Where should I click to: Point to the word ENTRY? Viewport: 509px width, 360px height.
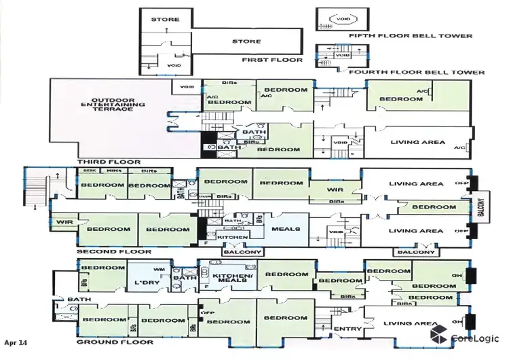[x=344, y=330]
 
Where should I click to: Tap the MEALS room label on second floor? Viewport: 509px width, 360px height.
[x=285, y=229]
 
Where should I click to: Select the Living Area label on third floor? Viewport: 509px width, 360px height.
[x=418, y=142]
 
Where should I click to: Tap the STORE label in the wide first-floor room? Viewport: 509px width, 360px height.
[x=246, y=41]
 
